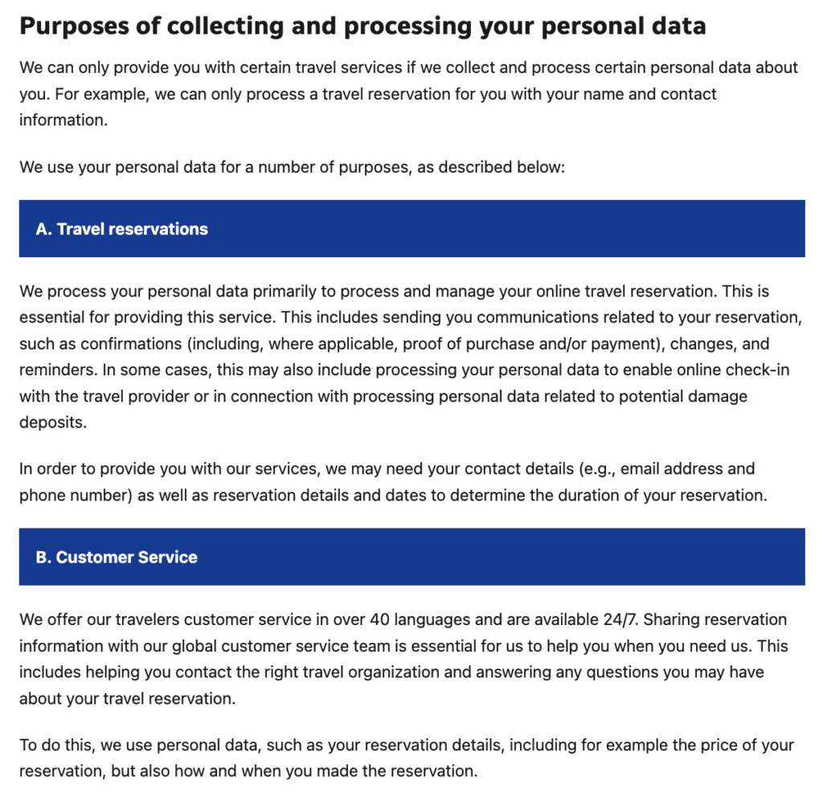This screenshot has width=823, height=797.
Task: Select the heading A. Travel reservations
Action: pyautogui.click(x=121, y=229)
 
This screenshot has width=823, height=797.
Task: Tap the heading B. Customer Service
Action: pyautogui.click(x=117, y=558)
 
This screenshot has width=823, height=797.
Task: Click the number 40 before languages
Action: pyautogui.click(x=382, y=619)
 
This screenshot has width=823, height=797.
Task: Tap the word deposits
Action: pyautogui.click(x=52, y=423)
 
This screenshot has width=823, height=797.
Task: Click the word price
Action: pyautogui.click(x=656, y=745)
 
